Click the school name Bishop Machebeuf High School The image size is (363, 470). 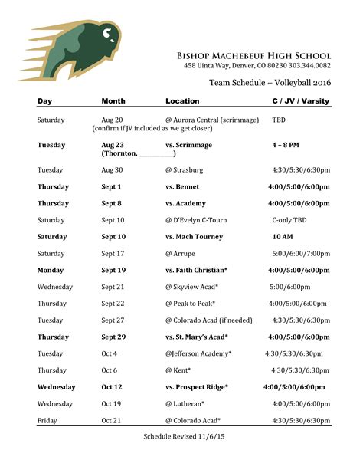[253, 56]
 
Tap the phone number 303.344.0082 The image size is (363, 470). [306, 67]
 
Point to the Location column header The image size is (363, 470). [182, 101]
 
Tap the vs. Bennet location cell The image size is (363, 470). [186, 186]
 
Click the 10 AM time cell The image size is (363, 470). [283, 237]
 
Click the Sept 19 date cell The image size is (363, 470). [113, 271]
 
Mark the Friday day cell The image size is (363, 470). [47, 420]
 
